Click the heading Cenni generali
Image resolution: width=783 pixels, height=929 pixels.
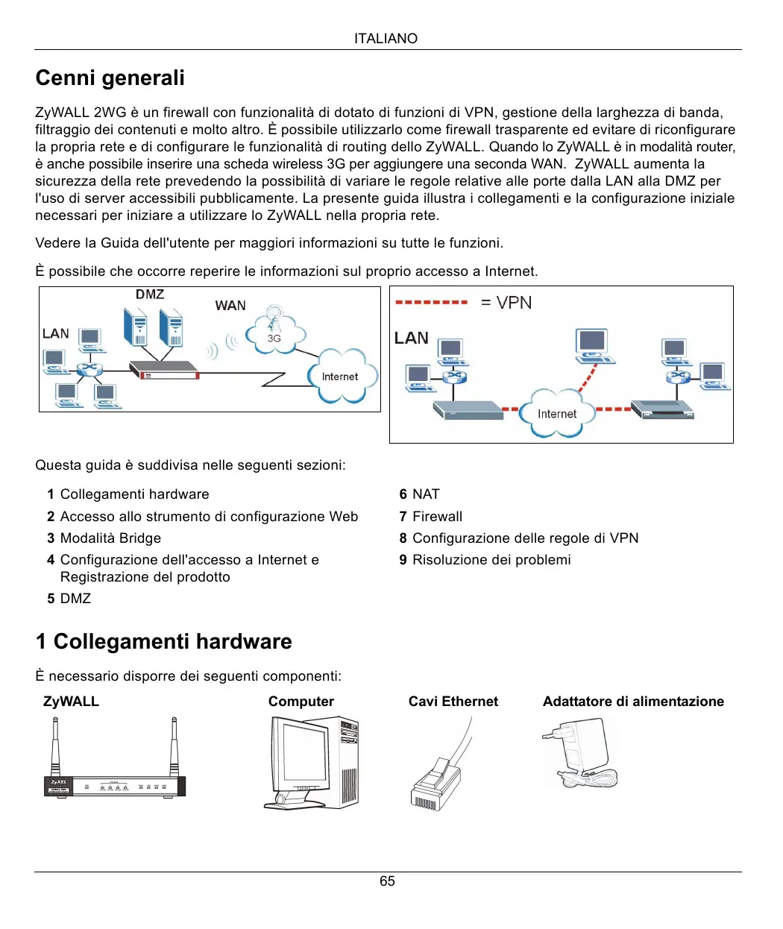pyautogui.click(x=110, y=78)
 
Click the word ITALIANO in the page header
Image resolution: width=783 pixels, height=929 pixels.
pyautogui.click(x=386, y=39)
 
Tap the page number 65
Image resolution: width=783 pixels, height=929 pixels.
pyautogui.click(x=387, y=881)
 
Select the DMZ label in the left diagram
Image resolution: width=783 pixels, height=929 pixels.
pyautogui.click(x=150, y=295)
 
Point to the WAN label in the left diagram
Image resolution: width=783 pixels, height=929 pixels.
pyautogui.click(x=230, y=306)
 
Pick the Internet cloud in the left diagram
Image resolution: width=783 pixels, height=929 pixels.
pyautogui.click(x=341, y=377)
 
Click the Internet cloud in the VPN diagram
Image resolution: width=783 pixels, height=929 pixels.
pyautogui.click(x=557, y=414)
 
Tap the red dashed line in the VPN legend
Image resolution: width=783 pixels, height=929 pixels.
pyautogui.click(x=431, y=303)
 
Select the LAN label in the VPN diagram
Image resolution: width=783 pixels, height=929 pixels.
pyautogui.click(x=412, y=338)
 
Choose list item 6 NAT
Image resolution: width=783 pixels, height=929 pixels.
pyautogui.click(x=420, y=494)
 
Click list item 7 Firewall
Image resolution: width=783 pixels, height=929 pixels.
pyautogui.click(x=431, y=517)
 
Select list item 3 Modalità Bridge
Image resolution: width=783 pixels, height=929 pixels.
pyautogui.click(x=104, y=538)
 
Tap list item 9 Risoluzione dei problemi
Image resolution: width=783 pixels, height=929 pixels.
pyautogui.click(x=485, y=560)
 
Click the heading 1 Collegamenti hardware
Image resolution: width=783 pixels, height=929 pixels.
pyautogui.click(x=164, y=642)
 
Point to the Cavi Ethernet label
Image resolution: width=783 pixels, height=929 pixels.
pyautogui.click(x=453, y=702)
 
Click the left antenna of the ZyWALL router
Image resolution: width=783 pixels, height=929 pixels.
pyautogui.click(x=55, y=746)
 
